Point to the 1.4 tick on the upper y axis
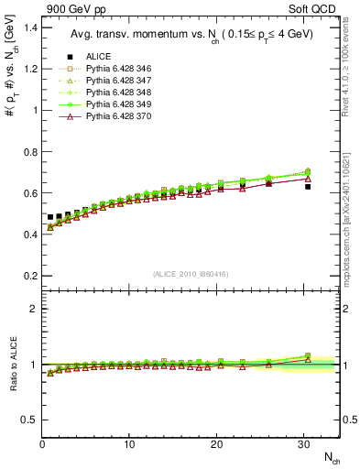[x=28, y=27]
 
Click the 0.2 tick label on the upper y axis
[x=28, y=276]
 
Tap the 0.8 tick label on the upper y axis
[x=28, y=152]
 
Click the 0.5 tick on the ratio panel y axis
[x=28, y=420]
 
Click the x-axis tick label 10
[x=129, y=444]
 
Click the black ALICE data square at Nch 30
[x=308, y=186]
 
